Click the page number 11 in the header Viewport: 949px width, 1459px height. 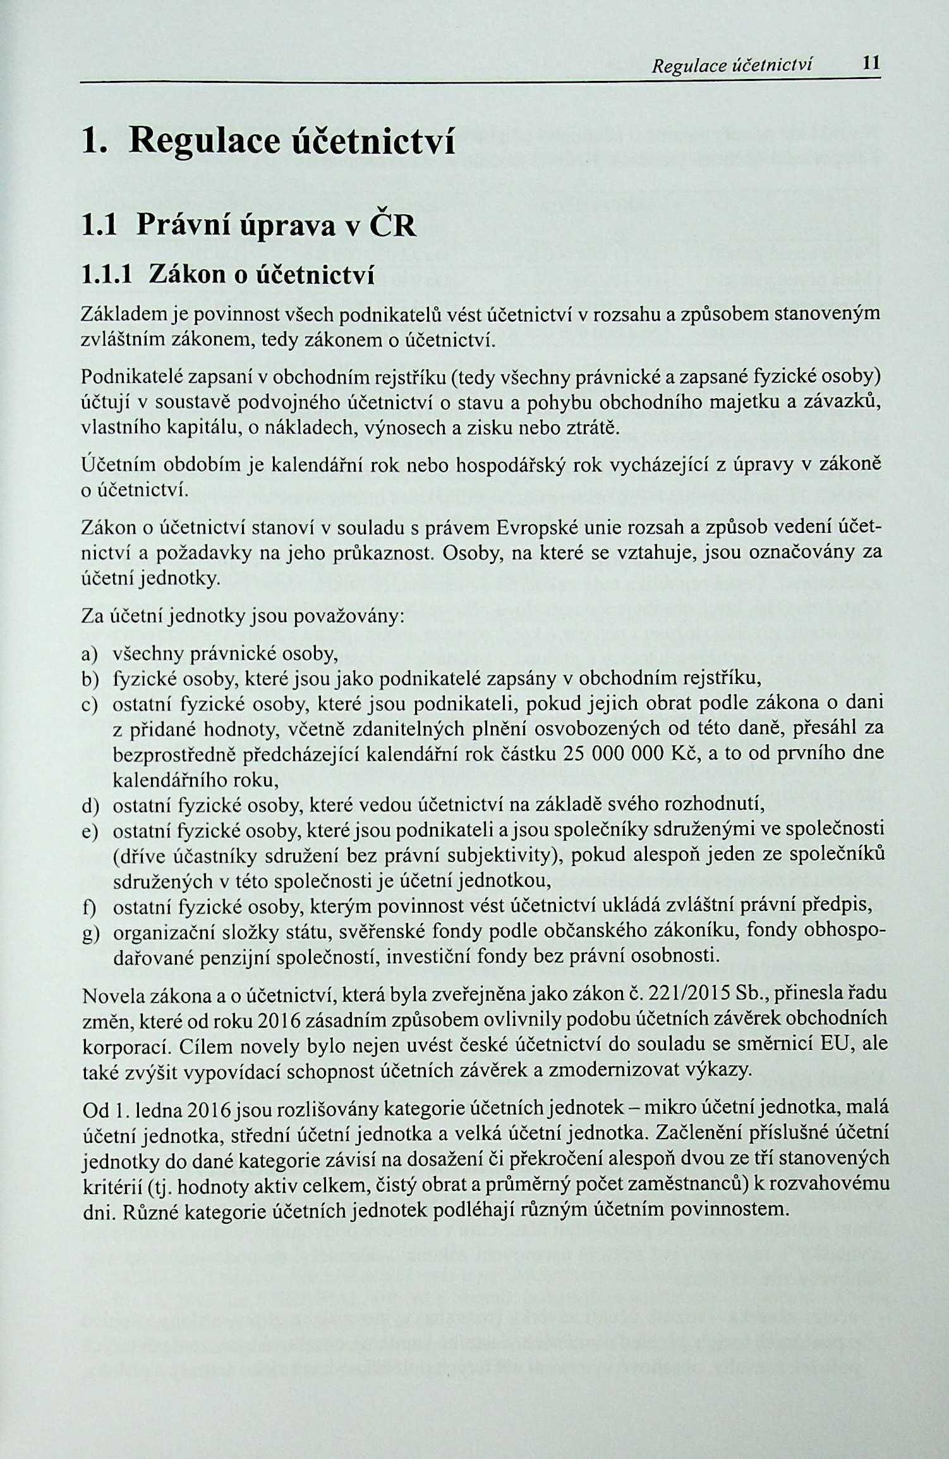point(871,63)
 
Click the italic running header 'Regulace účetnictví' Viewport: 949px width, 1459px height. point(733,65)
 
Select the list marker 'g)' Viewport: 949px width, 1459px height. point(91,934)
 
